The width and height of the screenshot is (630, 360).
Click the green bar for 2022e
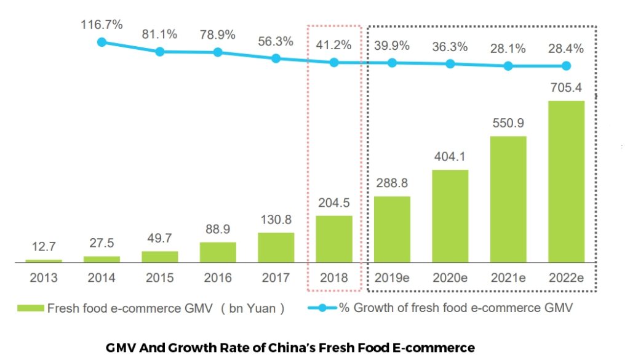pos(566,182)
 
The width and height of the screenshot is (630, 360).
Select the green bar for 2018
pos(334,239)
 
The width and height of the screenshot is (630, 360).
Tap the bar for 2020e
pos(450,216)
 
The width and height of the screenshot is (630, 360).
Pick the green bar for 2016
pos(218,252)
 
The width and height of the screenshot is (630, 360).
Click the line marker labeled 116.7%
pos(102,42)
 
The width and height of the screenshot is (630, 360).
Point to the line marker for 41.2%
pos(334,62)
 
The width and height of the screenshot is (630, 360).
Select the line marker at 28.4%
pos(566,66)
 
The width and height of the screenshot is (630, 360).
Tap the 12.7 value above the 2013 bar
pos(44,247)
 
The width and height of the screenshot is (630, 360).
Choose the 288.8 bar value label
pos(392,183)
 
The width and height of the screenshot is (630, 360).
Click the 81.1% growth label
pos(160,34)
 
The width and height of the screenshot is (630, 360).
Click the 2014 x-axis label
pos(102,278)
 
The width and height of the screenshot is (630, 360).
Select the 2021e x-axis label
pos(508,278)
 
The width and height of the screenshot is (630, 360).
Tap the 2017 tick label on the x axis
pos(276,278)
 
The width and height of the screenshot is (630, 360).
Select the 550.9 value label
pos(508,122)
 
